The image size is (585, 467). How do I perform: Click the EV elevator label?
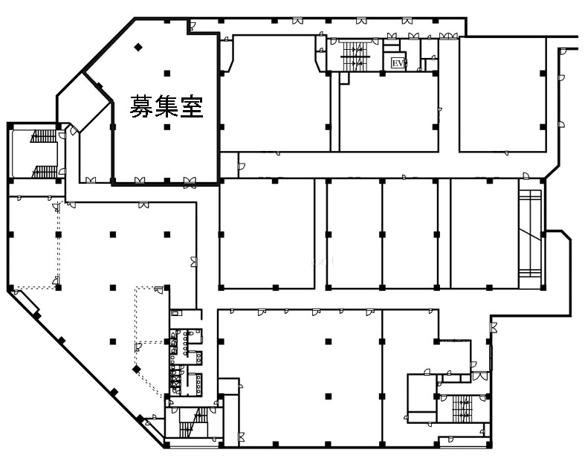tap(398, 63)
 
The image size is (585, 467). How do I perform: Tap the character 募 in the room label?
tap(142, 106)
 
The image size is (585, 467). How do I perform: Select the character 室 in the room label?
tap(191, 106)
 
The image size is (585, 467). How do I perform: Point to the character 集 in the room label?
tap(167, 106)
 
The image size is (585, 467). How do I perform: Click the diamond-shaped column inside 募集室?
tap(138, 47)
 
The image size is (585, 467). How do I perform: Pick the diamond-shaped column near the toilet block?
tap(137, 369)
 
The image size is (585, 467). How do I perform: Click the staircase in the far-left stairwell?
tap(44, 153)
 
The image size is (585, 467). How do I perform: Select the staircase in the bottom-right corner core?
tap(462, 409)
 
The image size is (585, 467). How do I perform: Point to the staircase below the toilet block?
tap(193, 422)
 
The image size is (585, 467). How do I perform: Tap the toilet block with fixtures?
tap(186, 361)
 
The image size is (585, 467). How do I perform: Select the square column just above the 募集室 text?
tap(167, 73)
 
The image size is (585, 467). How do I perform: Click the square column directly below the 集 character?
tap(167, 127)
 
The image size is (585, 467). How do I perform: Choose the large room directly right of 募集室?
tap(275, 93)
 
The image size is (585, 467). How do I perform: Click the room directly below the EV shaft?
tap(388, 112)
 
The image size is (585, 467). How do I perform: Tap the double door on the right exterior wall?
tap(494, 327)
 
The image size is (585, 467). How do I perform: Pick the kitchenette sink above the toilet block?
tap(175, 312)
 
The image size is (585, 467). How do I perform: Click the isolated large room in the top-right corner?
tap(502, 94)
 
